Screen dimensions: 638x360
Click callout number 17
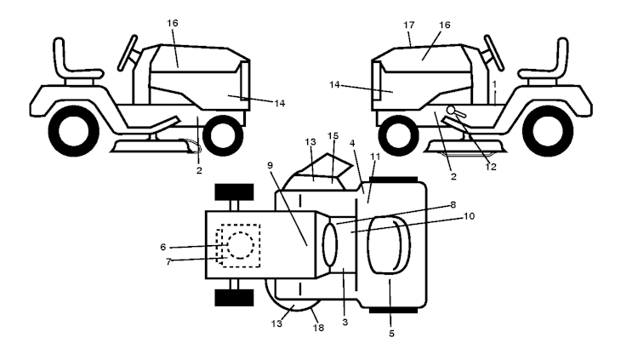409,25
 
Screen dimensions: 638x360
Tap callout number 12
491,167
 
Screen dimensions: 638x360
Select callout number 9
271,165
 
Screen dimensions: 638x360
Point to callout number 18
318,328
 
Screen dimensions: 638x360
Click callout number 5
391,334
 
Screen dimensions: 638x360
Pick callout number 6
163,247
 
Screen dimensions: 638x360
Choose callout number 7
168,262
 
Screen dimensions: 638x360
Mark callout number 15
333,135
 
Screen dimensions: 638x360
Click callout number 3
345,322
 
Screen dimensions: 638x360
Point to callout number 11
375,156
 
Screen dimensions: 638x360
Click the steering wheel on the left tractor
128,53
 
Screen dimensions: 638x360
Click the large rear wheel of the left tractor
74,131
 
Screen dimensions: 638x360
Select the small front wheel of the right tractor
399,135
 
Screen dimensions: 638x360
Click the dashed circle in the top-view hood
241,245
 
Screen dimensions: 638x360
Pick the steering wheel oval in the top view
330,245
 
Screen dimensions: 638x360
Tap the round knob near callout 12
451,110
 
